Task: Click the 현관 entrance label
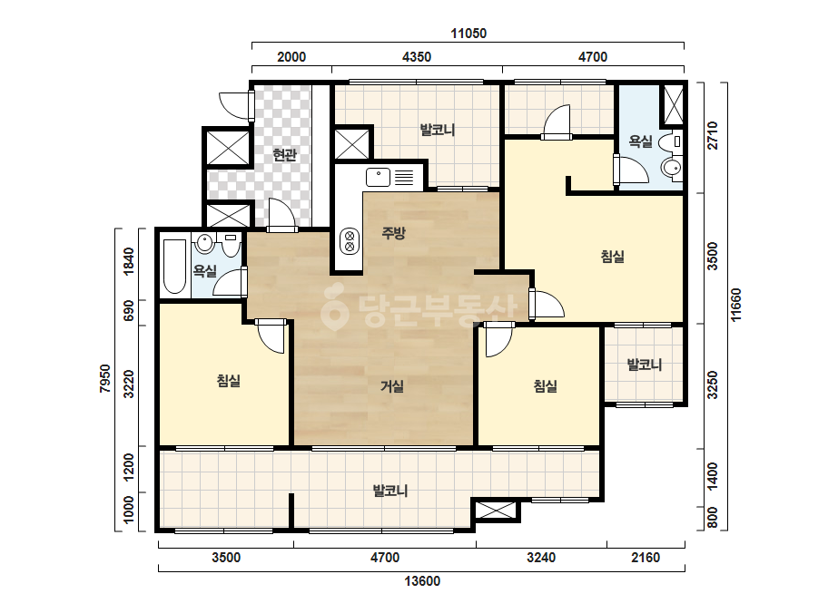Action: click(284, 155)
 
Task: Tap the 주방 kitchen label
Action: click(394, 232)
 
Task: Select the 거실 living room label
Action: click(391, 385)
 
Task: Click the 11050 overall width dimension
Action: click(468, 34)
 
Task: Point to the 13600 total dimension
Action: click(422, 581)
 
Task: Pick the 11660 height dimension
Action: click(736, 305)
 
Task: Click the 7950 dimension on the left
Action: click(105, 378)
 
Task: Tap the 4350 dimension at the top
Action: click(417, 56)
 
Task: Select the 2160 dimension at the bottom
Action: click(646, 558)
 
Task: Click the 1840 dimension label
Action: click(129, 262)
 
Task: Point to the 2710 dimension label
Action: click(713, 136)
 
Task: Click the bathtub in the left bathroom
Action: click(174, 267)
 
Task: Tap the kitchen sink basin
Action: click(379, 177)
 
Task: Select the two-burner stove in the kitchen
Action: click(350, 241)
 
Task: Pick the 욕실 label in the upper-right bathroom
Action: click(640, 141)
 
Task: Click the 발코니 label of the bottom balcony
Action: click(390, 491)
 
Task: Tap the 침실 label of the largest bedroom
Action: click(613, 257)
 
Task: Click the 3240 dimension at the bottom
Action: click(541, 558)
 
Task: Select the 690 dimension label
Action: click(129, 310)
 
